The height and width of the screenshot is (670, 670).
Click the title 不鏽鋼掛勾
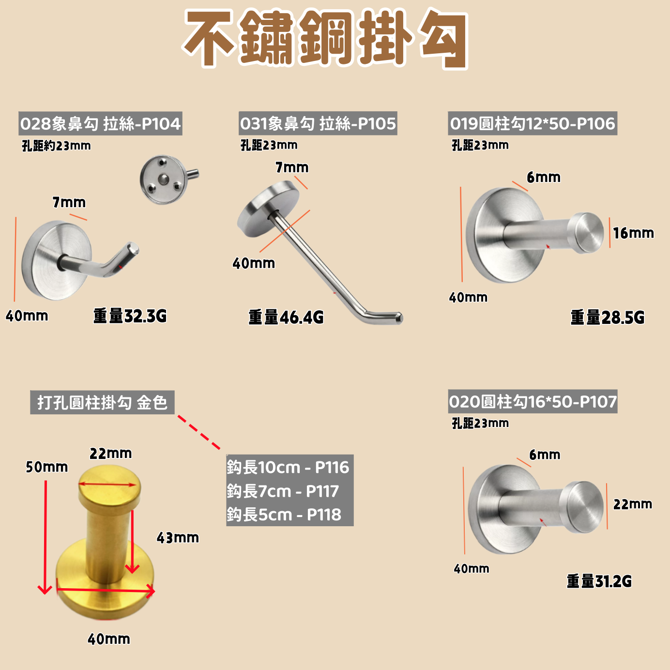pos(326,39)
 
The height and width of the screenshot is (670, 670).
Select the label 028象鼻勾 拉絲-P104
pos(100,123)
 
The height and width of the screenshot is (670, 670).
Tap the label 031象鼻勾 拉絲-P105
pos(318,123)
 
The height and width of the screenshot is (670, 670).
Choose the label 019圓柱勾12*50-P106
pos(533,123)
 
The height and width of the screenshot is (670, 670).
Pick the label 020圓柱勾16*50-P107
pos(533,402)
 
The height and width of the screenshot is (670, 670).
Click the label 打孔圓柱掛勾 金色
pos(102,403)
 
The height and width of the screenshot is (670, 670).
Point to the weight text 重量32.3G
pos(130,316)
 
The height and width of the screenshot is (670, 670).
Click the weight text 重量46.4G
pos(286,318)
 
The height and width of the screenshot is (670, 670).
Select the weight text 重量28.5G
pos(608,318)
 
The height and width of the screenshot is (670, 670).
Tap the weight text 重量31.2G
pos(599,581)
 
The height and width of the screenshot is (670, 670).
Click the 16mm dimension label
pos(633,233)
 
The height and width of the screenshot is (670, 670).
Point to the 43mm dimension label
pos(178,538)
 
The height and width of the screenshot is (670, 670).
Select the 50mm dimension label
pos(47,467)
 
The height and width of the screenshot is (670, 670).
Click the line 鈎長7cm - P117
pos(283,491)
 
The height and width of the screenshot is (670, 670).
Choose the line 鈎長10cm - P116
pos(288,467)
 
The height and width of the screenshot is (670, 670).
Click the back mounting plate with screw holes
pos(164,180)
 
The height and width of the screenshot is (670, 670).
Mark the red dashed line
pos(199,432)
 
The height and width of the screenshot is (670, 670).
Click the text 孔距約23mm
pos(56,146)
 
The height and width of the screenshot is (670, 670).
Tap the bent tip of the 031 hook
pos(399,317)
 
